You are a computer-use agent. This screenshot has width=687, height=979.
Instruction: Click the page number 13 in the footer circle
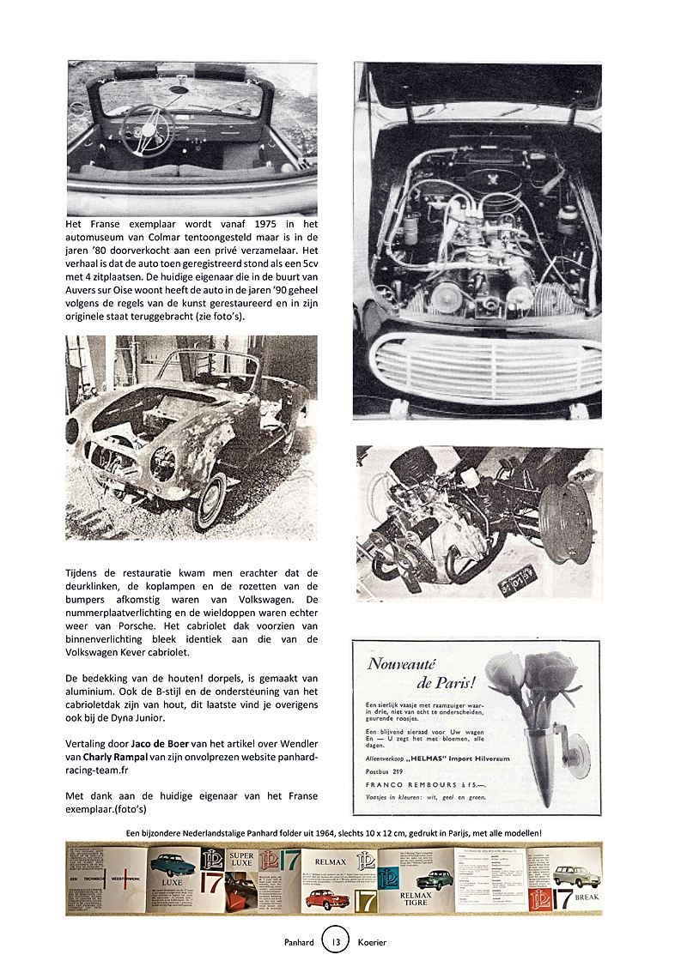[335, 942]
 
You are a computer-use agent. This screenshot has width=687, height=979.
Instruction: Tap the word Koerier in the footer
[369, 942]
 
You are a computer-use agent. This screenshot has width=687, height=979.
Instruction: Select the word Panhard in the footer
[300, 942]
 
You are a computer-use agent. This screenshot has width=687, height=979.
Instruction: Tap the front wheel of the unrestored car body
[209, 499]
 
